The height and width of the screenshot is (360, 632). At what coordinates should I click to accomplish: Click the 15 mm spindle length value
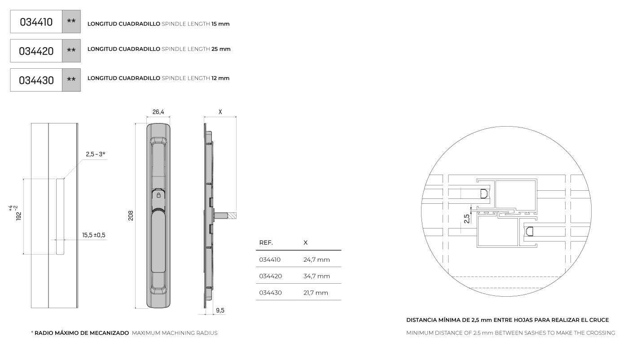[220, 24]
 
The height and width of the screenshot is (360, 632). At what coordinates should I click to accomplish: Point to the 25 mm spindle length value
[221, 49]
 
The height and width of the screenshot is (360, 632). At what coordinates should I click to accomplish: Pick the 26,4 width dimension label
[158, 112]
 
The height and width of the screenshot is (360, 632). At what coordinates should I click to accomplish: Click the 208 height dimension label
[131, 215]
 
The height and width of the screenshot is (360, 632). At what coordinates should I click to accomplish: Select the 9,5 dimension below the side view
[220, 310]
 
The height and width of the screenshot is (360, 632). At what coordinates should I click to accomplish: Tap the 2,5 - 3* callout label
[95, 154]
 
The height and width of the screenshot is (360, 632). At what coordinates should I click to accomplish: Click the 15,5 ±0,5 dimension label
[94, 235]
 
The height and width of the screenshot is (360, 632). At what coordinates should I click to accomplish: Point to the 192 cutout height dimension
[16, 213]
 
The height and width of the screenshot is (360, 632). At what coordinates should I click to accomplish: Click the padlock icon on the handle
[158, 195]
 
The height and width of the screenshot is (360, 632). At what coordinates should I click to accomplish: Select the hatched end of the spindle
[232, 216]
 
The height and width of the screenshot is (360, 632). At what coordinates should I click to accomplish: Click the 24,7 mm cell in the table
[316, 259]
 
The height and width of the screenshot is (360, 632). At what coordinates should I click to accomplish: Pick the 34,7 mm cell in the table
[316, 276]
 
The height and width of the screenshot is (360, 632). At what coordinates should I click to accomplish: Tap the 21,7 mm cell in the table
[316, 293]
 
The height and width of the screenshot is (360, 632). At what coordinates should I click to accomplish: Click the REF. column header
[266, 243]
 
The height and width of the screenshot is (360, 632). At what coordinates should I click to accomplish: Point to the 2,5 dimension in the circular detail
[467, 219]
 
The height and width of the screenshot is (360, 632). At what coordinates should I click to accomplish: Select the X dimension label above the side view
[220, 112]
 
